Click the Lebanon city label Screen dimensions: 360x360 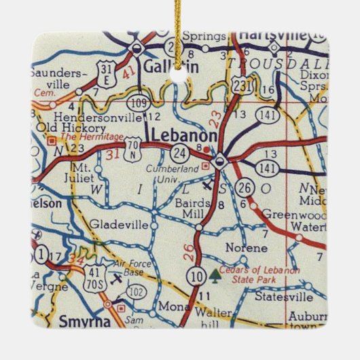pos(183,136)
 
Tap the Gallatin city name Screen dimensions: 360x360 pos(164,66)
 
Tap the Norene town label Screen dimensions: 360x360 pos(241,248)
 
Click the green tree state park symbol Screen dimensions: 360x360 pos(215,274)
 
